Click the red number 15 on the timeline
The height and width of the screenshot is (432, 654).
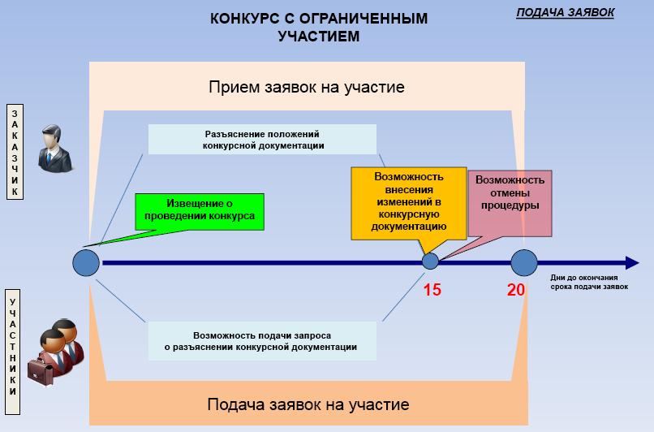(432, 288)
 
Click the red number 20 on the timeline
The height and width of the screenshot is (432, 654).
(516, 288)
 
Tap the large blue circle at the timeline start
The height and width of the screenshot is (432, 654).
(86, 262)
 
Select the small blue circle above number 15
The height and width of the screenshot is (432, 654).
(431, 261)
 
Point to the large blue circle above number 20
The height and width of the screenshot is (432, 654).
(524, 262)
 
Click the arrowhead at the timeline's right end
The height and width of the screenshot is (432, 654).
(631, 262)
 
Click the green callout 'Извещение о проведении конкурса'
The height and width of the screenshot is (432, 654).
(200, 211)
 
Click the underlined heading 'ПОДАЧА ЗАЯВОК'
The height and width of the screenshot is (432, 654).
(566, 12)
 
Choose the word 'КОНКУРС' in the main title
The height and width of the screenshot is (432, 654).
(243, 19)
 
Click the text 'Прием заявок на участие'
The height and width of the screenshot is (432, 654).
(307, 87)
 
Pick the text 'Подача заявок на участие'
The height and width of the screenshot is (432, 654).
(308, 404)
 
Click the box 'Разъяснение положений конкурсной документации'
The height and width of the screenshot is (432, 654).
(263, 139)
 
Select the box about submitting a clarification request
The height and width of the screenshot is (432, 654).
(263, 341)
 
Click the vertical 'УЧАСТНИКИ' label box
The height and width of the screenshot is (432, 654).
(13, 345)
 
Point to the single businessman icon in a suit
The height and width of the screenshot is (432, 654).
(55, 148)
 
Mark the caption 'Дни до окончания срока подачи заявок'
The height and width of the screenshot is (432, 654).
(589, 281)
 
